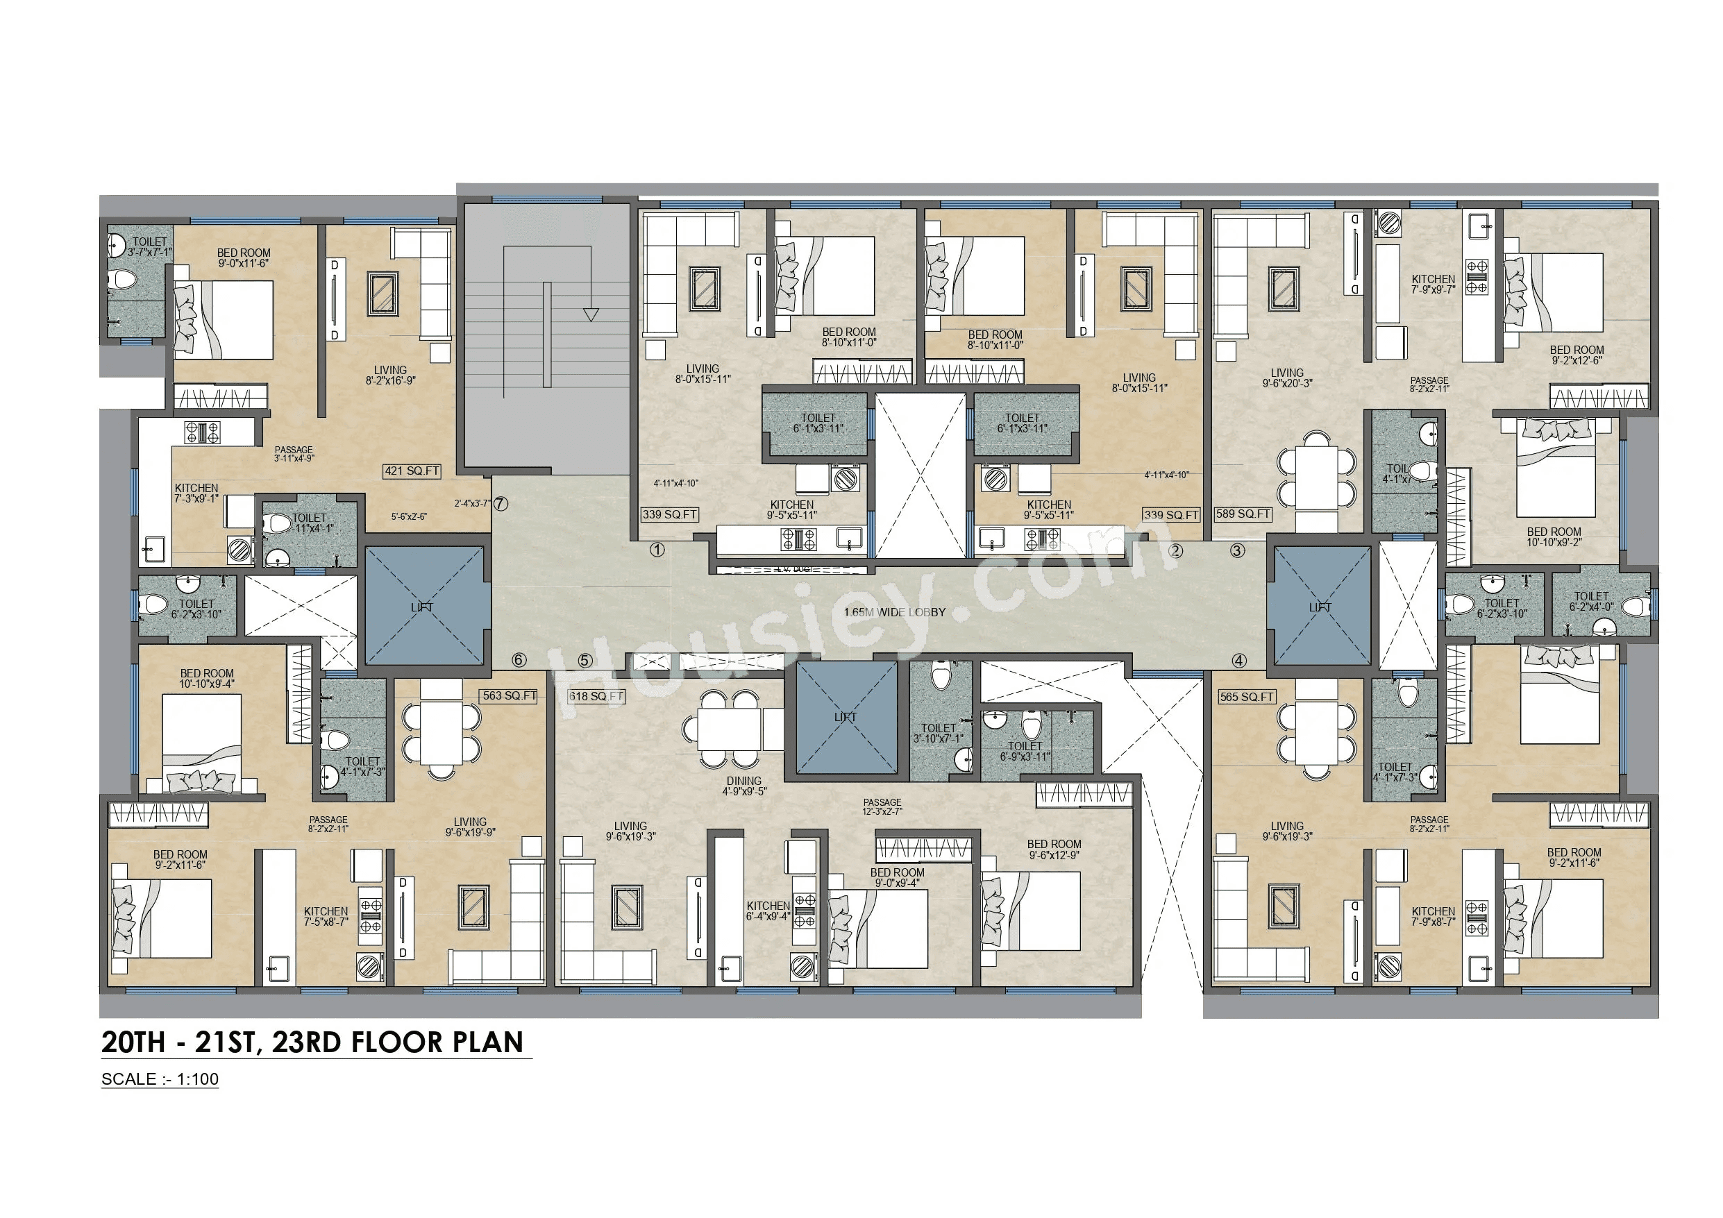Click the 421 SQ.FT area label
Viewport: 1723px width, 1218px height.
coord(412,471)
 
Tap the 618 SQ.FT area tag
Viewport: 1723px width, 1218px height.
coord(596,696)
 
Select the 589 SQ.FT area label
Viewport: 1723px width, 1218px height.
coord(1243,514)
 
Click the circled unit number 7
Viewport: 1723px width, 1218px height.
coord(501,505)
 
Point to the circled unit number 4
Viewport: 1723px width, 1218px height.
coord(1239,661)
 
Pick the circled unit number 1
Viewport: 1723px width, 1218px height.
coord(657,550)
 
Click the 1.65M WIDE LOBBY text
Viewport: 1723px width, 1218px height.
coord(895,612)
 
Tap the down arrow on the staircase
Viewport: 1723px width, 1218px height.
coord(591,314)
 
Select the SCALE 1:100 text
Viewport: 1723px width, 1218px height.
coord(160,1079)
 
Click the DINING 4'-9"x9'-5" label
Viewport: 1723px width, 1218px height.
coord(743,786)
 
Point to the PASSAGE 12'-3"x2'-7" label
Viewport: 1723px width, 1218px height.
coord(882,806)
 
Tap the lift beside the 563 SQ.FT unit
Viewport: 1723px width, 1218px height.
coord(424,607)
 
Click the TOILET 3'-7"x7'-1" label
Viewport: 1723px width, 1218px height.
coord(149,247)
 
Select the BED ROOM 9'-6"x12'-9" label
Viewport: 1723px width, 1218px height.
coord(1054,849)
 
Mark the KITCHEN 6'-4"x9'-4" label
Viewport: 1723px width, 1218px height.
coord(768,911)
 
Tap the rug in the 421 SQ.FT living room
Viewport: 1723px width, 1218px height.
coord(383,294)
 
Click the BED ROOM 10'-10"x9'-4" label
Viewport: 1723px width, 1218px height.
coord(206,679)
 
